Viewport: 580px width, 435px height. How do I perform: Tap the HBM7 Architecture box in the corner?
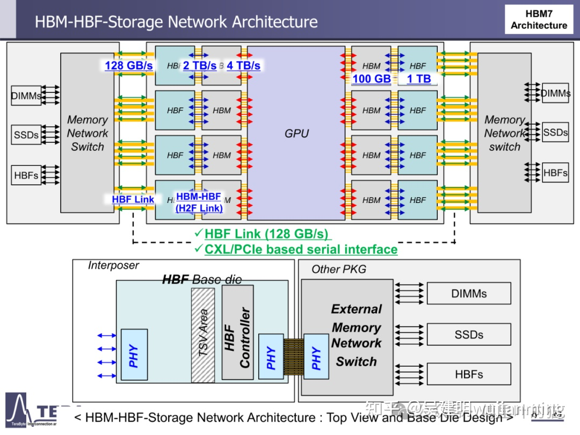pyautogui.click(x=539, y=19)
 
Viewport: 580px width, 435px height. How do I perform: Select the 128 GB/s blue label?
pyautogui.click(x=129, y=66)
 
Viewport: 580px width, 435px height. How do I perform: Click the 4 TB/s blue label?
pyautogui.click(x=243, y=66)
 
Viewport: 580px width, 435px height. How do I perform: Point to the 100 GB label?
pyautogui.click(x=372, y=78)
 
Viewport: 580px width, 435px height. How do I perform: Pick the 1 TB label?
pyautogui.click(x=419, y=78)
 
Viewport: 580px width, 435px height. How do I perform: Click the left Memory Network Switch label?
pyautogui.click(x=87, y=133)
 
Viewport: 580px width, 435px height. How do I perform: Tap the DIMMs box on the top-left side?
pyautogui.click(x=26, y=96)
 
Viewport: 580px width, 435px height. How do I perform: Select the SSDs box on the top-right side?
pyautogui.click(x=555, y=132)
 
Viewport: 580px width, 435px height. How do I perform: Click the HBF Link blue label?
pyautogui.click(x=133, y=199)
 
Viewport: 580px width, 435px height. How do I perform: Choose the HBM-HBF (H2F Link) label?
pyautogui.click(x=199, y=202)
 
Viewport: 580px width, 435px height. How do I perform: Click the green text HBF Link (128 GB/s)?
pyautogui.click(x=266, y=234)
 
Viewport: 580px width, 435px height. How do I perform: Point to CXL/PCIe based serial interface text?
pyautogui.click(x=301, y=249)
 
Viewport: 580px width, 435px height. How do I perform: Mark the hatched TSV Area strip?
pyautogui.click(x=203, y=335)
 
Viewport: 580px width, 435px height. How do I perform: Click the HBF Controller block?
pyautogui.click(x=237, y=334)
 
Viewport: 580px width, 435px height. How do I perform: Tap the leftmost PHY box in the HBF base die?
pyautogui.click(x=134, y=356)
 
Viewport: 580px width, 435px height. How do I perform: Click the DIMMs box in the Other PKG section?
pyautogui.click(x=468, y=294)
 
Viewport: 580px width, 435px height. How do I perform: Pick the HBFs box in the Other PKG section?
pyautogui.click(x=468, y=374)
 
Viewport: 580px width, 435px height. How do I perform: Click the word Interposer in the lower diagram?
pyautogui.click(x=113, y=265)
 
